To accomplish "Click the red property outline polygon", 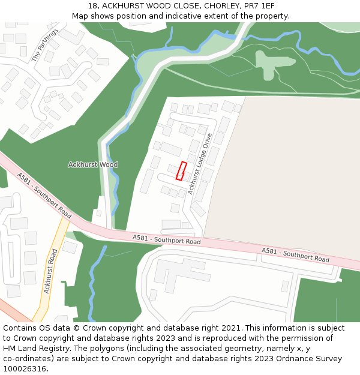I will (181, 170).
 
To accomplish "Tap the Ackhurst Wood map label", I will (93, 164).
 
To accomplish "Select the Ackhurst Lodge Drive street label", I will (200, 163).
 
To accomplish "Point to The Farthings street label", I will (45, 44).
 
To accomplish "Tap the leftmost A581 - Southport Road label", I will (44, 196).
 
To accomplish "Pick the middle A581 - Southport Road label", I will (166, 240).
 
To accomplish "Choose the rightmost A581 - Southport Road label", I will (296, 255).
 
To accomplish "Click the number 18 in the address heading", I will (92, 6).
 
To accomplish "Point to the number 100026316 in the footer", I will (23, 369).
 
